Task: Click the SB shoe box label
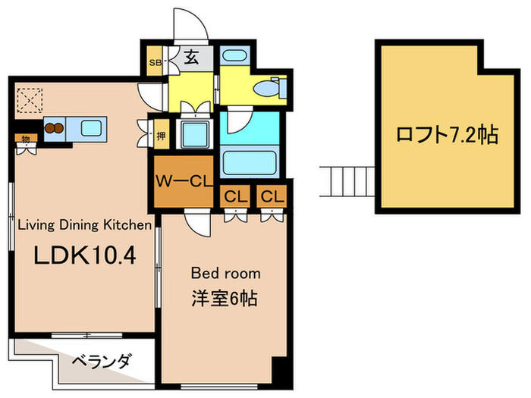point(154,62)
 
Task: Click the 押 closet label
point(162,137)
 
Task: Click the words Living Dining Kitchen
point(85,224)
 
